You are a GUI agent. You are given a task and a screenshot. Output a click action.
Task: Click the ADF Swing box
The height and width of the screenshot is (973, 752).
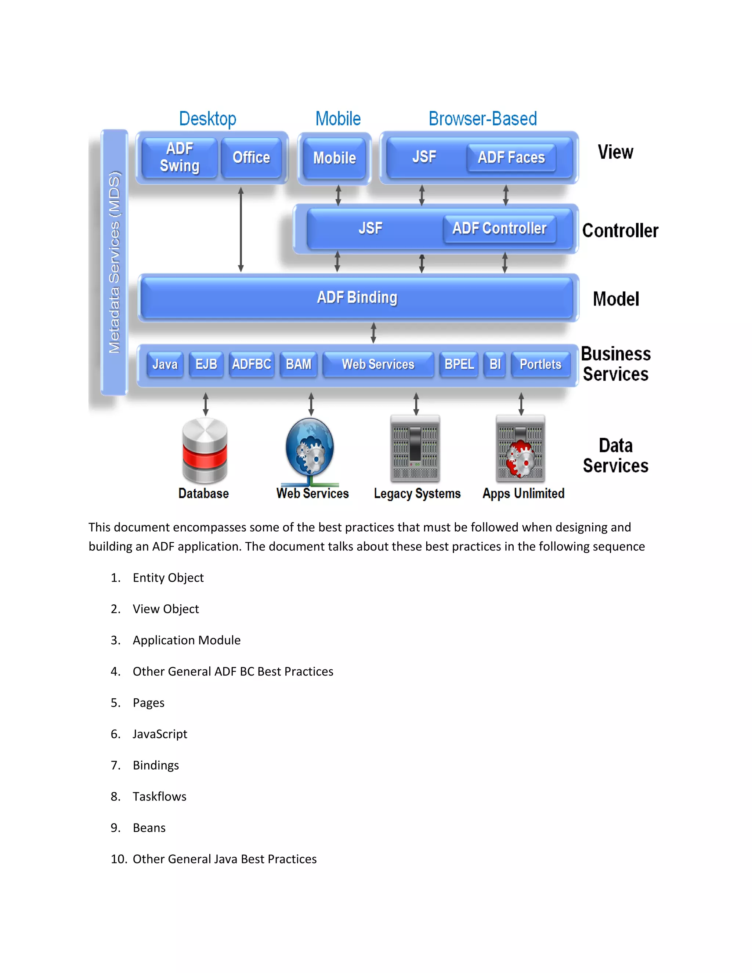click(x=180, y=157)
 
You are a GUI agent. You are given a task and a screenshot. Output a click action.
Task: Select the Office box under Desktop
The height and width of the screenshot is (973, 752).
click(x=251, y=157)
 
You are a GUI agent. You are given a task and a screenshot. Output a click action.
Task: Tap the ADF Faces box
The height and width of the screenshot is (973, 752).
click(x=511, y=157)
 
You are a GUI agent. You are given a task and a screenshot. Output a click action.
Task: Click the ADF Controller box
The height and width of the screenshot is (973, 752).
click(x=499, y=228)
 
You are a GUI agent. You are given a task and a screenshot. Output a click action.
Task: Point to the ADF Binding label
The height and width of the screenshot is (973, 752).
click(x=357, y=297)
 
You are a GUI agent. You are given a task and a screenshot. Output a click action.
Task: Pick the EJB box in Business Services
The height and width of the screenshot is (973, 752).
click(x=206, y=365)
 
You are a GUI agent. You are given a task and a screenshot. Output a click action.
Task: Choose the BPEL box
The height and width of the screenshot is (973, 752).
click(x=459, y=365)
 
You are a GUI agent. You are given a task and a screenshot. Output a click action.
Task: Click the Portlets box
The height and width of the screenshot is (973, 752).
click(x=540, y=365)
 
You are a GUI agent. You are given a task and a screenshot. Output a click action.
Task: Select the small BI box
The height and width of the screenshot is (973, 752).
click(x=495, y=365)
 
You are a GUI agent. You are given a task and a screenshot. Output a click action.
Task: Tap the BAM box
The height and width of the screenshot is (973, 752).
click(x=299, y=365)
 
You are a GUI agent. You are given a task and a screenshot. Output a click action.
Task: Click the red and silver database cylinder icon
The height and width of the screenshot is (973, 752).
click(x=205, y=451)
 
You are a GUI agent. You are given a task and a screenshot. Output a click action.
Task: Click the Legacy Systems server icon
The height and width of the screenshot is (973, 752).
click(x=415, y=449)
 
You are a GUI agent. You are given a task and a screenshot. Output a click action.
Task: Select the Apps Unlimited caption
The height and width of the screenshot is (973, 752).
click(x=524, y=493)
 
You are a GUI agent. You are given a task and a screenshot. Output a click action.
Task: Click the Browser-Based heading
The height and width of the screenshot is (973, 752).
click(x=482, y=119)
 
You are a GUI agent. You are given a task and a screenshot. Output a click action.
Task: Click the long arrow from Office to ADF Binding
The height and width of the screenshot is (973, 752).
click(x=241, y=229)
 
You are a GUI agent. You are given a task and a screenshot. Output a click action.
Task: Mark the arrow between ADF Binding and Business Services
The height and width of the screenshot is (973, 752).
click(x=373, y=333)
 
